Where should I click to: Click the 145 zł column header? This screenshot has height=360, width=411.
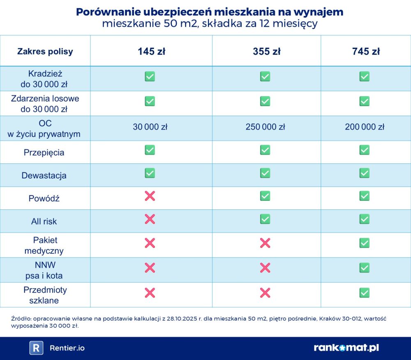click(x=151, y=51)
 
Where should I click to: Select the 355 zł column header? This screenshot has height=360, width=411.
click(x=266, y=51)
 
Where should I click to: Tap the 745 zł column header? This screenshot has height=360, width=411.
click(x=366, y=51)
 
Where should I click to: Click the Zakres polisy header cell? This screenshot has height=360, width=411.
click(x=45, y=51)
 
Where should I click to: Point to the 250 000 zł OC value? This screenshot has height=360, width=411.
click(x=265, y=127)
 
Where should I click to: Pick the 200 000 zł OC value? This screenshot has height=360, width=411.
click(x=365, y=127)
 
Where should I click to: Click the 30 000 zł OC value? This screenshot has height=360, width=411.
click(x=150, y=127)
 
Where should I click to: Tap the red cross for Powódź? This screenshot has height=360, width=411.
click(x=150, y=196)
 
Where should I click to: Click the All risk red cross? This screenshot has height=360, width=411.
click(x=150, y=219)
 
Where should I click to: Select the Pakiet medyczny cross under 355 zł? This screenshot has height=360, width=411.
click(x=265, y=243)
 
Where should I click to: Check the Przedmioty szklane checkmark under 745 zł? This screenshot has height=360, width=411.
click(x=365, y=293)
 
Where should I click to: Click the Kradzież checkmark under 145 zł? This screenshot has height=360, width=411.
click(x=150, y=77)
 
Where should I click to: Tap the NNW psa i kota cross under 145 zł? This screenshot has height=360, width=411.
click(x=150, y=268)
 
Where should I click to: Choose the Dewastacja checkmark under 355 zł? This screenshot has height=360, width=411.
click(x=265, y=173)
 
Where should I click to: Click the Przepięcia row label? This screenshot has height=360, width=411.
click(x=44, y=153)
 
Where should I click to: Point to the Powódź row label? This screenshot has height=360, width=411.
click(x=44, y=198)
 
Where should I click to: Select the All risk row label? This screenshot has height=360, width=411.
click(x=44, y=221)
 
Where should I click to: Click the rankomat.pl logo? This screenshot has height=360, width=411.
click(x=346, y=348)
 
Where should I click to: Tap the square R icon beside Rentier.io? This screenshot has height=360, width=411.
click(x=36, y=348)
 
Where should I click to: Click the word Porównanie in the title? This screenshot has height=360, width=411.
click(x=104, y=12)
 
